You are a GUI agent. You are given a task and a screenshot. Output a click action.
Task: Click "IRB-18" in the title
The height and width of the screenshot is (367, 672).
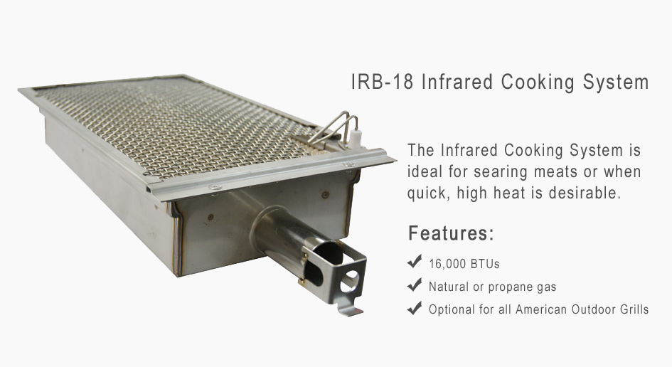(383, 82)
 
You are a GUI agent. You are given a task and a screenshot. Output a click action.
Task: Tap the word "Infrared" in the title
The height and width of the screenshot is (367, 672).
(457, 82)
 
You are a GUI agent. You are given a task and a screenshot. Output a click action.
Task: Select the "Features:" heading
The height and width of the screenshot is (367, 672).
(452, 233)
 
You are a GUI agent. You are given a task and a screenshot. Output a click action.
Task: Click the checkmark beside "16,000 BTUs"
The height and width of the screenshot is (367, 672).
(415, 261)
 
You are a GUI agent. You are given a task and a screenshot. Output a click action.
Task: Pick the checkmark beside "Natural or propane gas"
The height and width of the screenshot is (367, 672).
(415, 284)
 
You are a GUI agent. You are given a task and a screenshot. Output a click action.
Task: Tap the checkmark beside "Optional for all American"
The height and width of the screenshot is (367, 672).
(415, 307)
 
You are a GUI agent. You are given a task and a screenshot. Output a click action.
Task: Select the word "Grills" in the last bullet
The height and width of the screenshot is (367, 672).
(634, 309)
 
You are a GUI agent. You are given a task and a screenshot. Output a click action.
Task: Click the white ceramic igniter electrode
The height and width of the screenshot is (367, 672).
(354, 137)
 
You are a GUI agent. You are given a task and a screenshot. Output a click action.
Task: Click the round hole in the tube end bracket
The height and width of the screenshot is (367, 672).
(349, 280)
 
